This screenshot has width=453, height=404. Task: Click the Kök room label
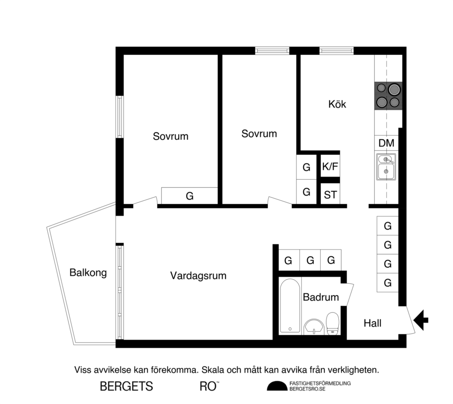[337, 104]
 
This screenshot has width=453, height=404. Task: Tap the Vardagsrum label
[198, 276]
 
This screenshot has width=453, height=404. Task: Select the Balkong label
[88, 273]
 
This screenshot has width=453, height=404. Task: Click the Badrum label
[321, 297]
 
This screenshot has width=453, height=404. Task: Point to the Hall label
[372, 323]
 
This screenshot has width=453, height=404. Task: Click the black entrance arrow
[421, 319]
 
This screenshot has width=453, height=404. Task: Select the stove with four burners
[388, 96]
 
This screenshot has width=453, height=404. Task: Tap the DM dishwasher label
[386, 143]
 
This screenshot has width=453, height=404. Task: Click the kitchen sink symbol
[386, 167]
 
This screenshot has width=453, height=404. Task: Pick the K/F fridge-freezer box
[330, 167]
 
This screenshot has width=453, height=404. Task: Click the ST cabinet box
[330, 194]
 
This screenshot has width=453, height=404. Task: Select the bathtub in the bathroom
[290, 305]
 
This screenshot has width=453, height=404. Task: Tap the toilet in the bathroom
[332, 323]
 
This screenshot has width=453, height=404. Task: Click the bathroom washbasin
[314, 326]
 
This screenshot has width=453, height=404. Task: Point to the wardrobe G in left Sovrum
[189, 196]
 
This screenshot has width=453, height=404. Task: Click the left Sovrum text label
[170, 136]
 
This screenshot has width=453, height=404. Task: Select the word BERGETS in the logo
[126, 386]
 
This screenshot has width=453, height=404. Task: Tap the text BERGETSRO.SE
[307, 389]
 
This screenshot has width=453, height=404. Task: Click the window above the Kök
[337, 50]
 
